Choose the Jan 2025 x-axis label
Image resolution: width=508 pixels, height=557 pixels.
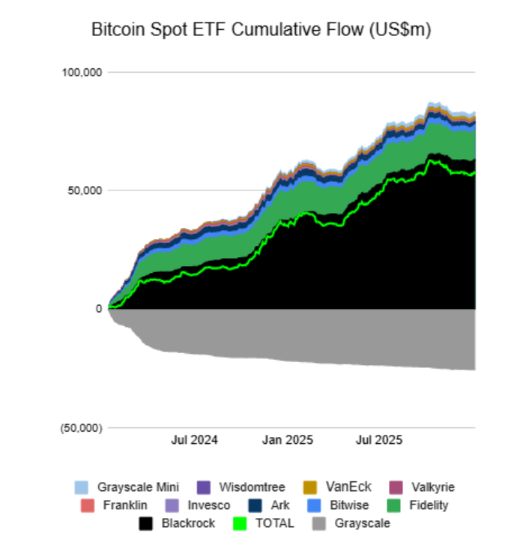(x=288, y=440)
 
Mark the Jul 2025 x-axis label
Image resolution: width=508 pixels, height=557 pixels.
(x=379, y=440)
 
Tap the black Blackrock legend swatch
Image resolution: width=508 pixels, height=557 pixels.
(x=148, y=523)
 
